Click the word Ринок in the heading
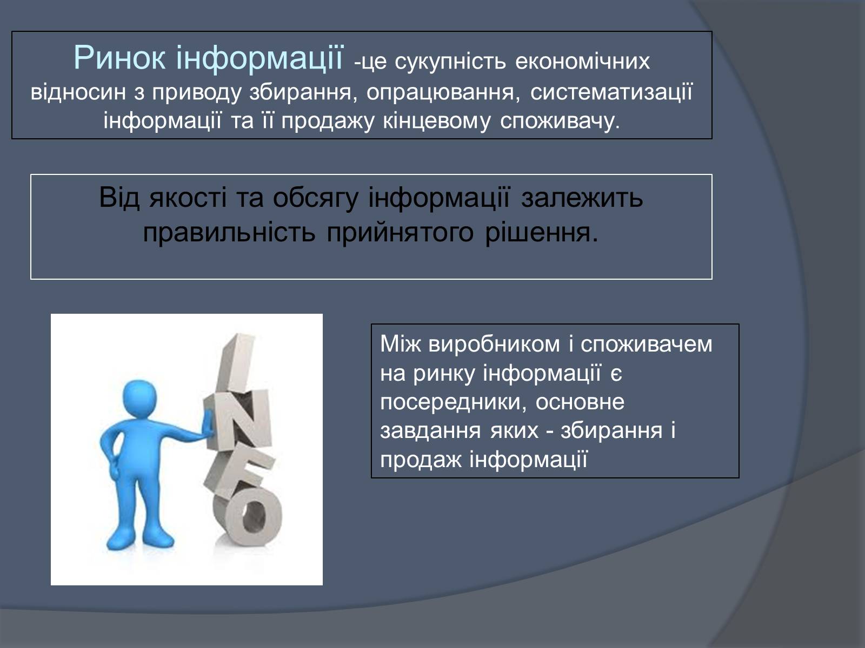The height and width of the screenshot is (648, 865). [119, 58]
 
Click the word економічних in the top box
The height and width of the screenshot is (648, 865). [582, 62]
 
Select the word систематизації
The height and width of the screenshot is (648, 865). [611, 93]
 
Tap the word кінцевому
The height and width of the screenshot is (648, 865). [437, 122]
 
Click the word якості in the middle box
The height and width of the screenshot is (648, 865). [188, 198]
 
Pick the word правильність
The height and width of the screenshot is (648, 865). [229, 233]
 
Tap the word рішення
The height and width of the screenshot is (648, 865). [542, 233]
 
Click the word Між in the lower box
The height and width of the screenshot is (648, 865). [401, 343]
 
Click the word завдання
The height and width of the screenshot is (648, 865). [430, 431]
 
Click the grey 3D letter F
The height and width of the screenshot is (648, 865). [239, 468]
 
